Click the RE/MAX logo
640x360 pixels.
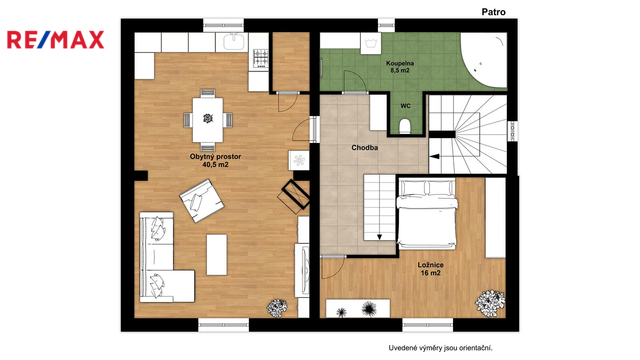tap(56, 40)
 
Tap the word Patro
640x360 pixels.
tap(493, 12)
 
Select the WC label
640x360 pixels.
tap(405, 106)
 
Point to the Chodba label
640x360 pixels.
tap(364, 148)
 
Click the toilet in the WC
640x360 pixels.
tap(404, 126)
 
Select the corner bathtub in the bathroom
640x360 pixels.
tap(484, 60)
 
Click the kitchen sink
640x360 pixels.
tap(234, 42)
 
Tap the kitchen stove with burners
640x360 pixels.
tap(261, 58)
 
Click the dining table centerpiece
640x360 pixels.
tap(208, 119)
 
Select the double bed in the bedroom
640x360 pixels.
tap(427, 213)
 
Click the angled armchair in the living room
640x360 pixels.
tap(202, 200)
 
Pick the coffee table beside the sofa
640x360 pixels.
tap(217, 254)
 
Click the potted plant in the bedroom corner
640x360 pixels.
tap(490, 302)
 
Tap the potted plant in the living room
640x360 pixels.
tap(277, 308)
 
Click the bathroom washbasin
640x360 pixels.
tap(371, 43)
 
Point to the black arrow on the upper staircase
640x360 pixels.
tap(434, 156)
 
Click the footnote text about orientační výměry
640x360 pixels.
tap(440, 348)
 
